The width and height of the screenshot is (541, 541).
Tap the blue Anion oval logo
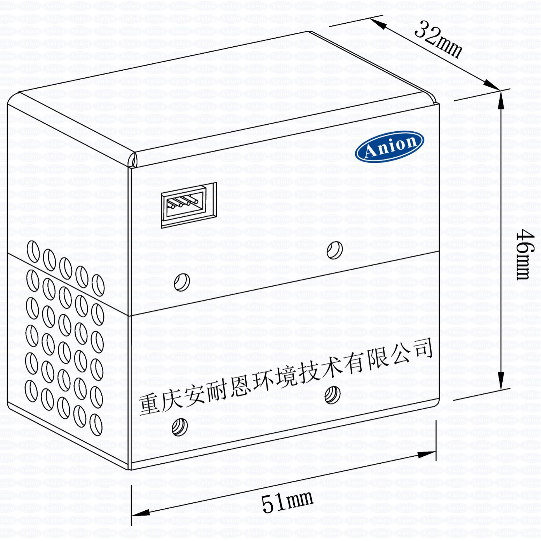pos(389,146)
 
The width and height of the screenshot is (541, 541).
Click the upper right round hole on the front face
pos(335,250)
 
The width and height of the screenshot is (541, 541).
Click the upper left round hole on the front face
pos(182,282)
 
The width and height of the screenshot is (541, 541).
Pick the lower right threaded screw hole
pos(332,395)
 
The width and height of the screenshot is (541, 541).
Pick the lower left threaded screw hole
pos(180,427)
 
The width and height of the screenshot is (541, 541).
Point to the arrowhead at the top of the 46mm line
pos(501,99)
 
